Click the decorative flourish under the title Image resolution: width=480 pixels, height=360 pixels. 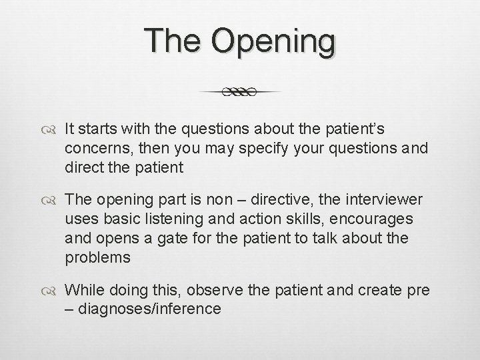(240, 92)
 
